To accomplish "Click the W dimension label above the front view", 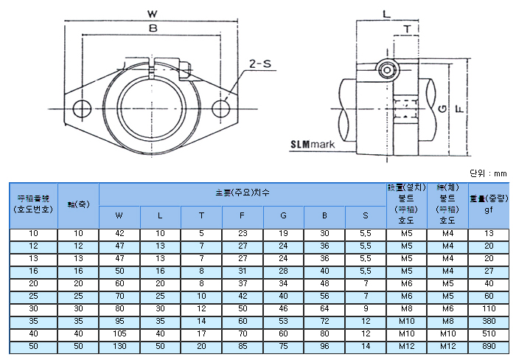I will [x=152, y=13].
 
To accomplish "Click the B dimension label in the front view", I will [x=152, y=29].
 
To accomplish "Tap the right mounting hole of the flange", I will [x=221, y=108].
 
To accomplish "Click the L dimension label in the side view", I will [x=386, y=13].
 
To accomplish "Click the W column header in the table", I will [x=119, y=216].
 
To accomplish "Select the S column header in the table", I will [x=366, y=216].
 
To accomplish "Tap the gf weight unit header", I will [x=488, y=210].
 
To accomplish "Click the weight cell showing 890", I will [x=488, y=346].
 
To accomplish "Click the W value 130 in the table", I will [x=119, y=346].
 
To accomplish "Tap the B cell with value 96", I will [x=324, y=346].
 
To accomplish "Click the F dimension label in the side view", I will [x=459, y=108].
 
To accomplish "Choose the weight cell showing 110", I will [x=488, y=308].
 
